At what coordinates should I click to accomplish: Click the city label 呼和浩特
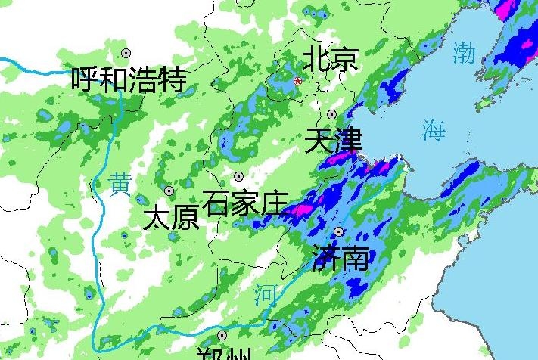[129, 78]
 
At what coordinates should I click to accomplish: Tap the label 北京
[330, 59]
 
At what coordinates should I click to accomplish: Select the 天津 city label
[334, 141]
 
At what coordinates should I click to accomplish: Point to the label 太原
[171, 218]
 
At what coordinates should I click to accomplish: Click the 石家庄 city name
[247, 203]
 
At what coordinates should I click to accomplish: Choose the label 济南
[341, 258]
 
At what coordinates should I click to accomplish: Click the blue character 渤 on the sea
[464, 53]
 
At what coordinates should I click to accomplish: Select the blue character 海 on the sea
[434, 131]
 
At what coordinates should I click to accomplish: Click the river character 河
[264, 296]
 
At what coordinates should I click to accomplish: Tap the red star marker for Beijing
[297, 81]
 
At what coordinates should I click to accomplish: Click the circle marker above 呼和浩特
[126, 53]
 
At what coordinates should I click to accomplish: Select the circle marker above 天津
[332, 114]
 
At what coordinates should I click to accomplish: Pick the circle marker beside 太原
[169, 191]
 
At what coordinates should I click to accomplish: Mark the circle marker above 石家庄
[238, 176]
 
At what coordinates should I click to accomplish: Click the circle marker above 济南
[338, 231]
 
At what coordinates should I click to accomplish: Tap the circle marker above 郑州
[222, 334]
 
